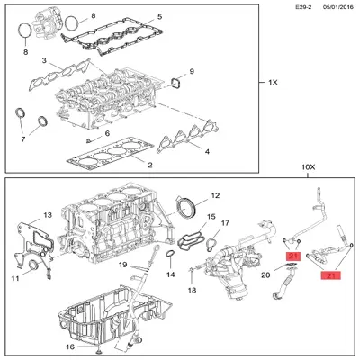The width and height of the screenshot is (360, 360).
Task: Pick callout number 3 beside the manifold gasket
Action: pos(43,60)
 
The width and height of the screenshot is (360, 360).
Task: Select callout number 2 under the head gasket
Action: pos(149,166)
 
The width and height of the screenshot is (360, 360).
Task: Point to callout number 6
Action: pos(106,134)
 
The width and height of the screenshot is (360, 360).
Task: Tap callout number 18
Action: pos(191,291)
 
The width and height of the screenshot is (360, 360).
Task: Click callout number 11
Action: pos(14,278)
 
